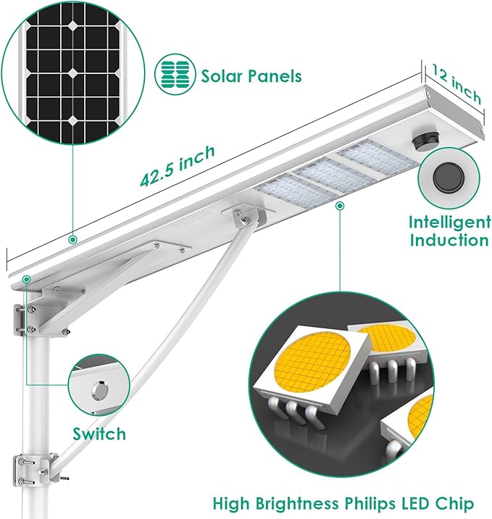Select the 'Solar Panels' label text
(251, 76)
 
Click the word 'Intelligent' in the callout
(449, 222)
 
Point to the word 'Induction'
(449, 241)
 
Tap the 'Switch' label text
(99, 434)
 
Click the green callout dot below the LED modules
(339, 206)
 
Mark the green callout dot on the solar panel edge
(72, 238)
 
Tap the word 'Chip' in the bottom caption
(456, 502)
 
